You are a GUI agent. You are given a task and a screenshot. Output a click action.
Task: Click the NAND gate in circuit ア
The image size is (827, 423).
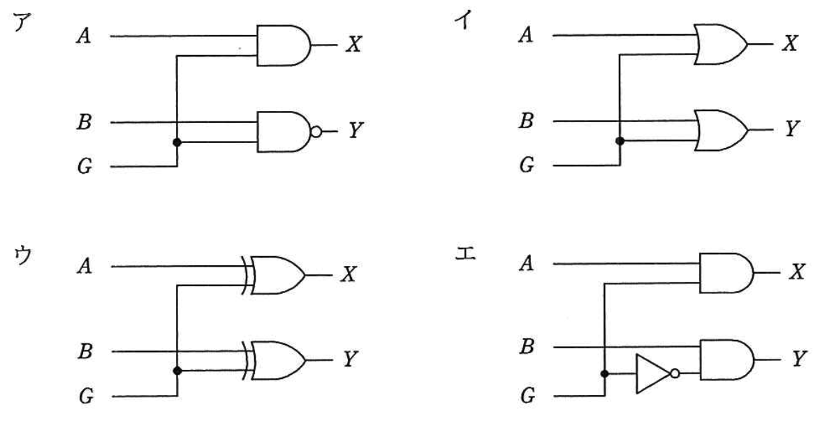(x=285, y=131)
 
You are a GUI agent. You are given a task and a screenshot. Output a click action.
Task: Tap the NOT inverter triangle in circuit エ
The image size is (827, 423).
(x=651, y=373)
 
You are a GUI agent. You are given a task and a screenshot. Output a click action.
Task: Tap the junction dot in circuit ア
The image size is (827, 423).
(x=177, y=142)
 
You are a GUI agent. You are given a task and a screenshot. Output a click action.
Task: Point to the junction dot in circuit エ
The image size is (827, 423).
(x=605, y=373)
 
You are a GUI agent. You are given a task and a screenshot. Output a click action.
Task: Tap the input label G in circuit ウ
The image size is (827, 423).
(x=86, y=396)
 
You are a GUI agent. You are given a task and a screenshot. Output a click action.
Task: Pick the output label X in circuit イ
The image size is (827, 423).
(x=790, y=44)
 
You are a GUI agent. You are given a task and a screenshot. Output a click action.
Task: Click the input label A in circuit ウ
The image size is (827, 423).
(x=85, y=267)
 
